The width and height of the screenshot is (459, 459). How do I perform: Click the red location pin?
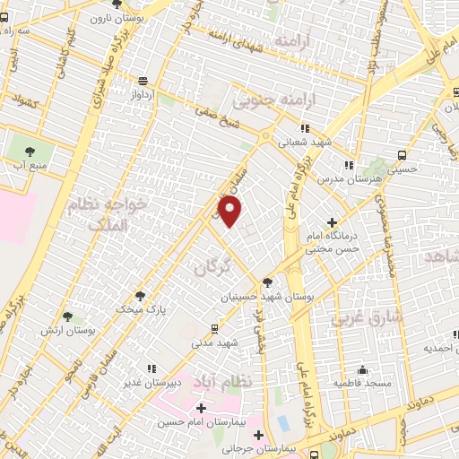[x=231, y=212]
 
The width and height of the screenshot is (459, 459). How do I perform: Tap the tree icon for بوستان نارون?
[x=117, y=4]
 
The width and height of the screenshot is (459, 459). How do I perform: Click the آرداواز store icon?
[x=143, y=80]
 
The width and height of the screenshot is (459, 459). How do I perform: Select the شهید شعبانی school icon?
[x=305, y=128]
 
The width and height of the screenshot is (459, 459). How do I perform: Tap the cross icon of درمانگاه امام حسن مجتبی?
[x=333, y=222]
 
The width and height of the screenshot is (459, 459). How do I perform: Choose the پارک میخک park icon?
[x=139, y=295]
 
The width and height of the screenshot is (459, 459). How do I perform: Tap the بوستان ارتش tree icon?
[x=67, y=316]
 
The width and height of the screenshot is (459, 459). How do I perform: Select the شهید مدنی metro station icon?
[x=214, y=329]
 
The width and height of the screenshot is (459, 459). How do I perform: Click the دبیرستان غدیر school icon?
[x=152, y=368]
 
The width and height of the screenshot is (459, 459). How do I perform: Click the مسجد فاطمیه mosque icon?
[x=361, y=369]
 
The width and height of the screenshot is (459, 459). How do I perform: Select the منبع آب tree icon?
[x=30, y=151]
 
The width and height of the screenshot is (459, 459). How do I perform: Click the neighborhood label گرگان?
[x=212, y=266]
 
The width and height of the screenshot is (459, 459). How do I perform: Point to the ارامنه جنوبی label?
[x=264, y=99]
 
